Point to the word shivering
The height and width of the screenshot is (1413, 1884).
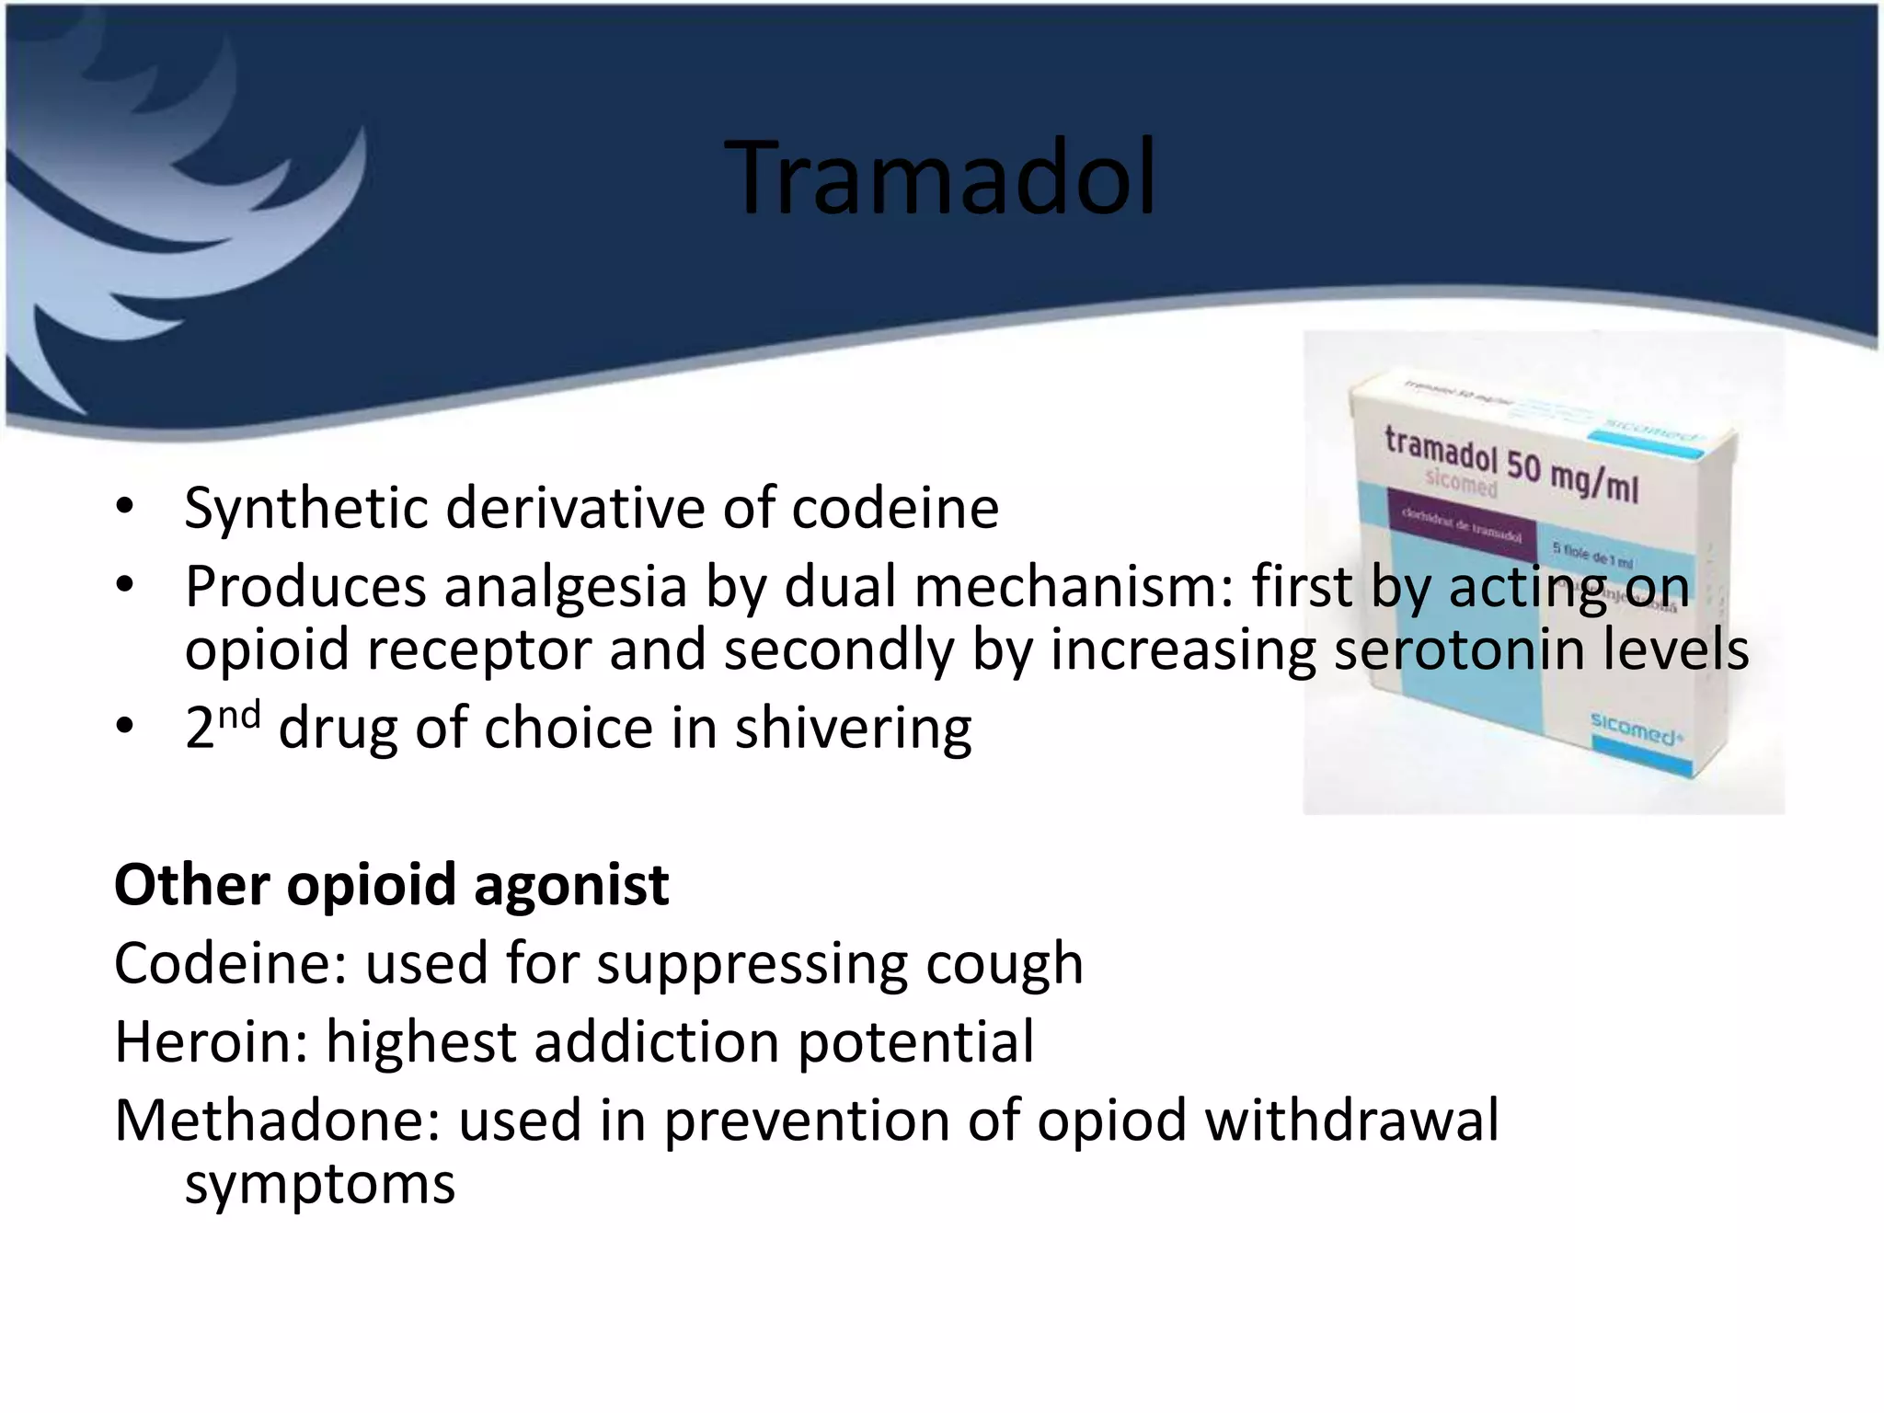coord(853,729)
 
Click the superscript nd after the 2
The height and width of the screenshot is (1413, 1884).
coord(239,714)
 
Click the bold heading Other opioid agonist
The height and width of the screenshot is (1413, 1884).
coord(391,885)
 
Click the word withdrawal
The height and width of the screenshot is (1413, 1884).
coord(1351,1120)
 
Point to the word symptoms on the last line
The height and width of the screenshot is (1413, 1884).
coord(319,1183)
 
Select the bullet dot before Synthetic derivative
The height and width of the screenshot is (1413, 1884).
coord(125,508)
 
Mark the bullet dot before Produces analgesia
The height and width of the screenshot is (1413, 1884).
coord(125,587)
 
